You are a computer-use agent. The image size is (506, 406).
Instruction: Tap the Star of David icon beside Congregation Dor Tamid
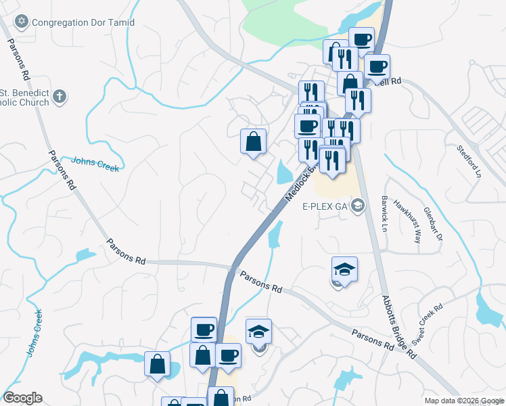pos(21,22)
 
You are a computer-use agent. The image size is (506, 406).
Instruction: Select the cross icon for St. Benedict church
pos(60,97)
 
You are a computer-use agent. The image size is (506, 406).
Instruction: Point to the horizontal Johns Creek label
pos(95,163)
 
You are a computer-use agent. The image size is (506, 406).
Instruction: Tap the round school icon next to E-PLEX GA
pos(358,206)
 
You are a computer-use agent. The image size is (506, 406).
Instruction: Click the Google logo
pos(22,398)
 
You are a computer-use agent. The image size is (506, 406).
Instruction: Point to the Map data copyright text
pos(464,401)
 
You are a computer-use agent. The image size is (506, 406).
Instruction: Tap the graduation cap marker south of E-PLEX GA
pos(345,269)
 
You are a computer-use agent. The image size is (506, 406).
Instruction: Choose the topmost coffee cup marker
pos(361,39)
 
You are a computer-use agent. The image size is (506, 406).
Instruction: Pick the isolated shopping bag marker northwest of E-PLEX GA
pos(253,141)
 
